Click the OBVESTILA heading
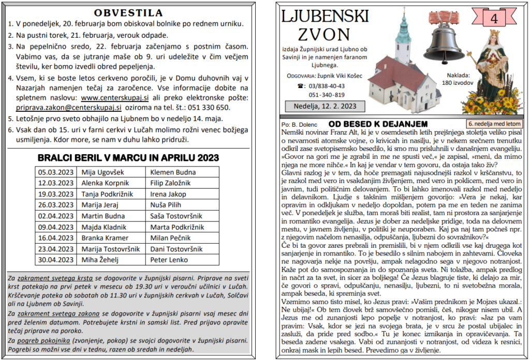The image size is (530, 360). point(129,13)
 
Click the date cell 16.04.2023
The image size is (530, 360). point(55,237)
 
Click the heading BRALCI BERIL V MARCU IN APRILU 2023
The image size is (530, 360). point(129,157)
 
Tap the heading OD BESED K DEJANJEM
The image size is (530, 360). point(378,124)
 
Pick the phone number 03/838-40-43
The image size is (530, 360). point(327,86)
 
